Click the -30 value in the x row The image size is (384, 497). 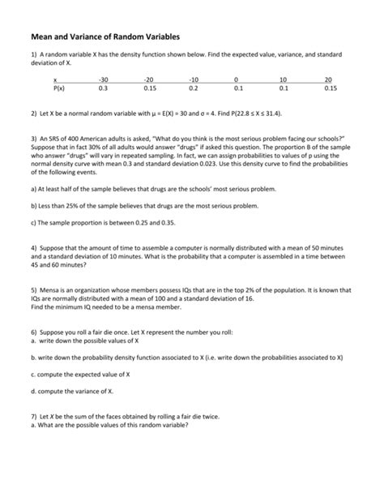click(x=102, y=80)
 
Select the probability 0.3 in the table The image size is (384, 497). click(x=102, y=88)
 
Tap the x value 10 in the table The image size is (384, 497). click(x=283, y=80)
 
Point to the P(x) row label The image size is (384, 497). click(x=58, y=88)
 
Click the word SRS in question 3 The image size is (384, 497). click(x=55, y=139)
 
